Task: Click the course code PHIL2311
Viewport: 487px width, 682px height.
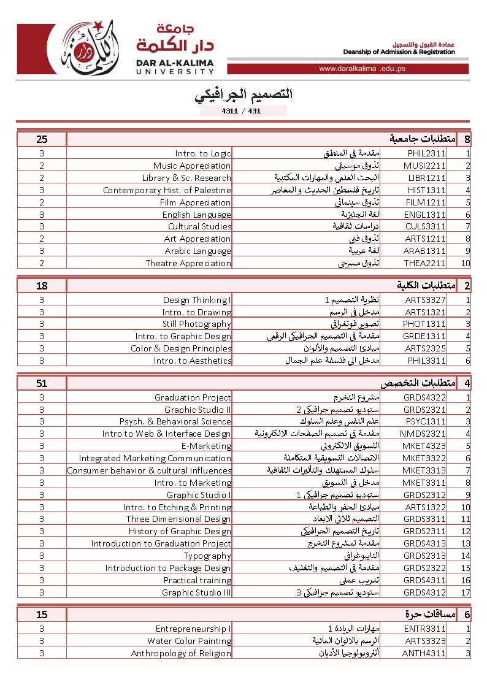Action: click(425, 154)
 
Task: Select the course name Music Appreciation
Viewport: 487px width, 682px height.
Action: click(192, 166)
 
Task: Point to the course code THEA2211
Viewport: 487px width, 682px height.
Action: click(425, 263)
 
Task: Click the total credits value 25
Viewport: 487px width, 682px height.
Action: click(42, 139)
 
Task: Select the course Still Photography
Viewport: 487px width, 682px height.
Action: click(196, 324)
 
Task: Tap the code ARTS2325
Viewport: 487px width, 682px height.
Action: click(425, 348)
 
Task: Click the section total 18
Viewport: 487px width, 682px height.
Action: click(42, 286)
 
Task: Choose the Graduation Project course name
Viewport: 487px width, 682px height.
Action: click(193, 397)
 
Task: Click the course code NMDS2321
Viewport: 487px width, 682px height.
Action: click(424, 434)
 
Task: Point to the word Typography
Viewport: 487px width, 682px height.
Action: click(207, 556)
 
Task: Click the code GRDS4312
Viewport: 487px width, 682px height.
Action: click(424, 592)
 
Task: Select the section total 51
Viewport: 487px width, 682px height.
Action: click(42, 383)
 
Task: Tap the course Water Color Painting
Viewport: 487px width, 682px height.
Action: click(189, 641)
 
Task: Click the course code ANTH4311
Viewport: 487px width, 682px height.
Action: click(424, 653)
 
